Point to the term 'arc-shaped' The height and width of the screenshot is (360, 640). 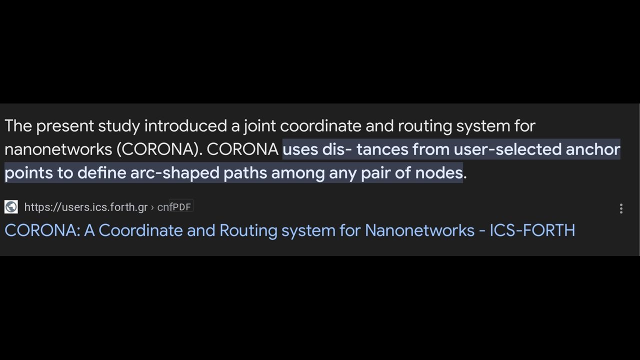174,173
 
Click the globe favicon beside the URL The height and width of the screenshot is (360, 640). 11,207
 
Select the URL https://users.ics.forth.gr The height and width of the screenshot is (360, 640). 86,207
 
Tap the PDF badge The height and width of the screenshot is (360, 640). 181,206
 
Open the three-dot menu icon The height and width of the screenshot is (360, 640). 621,208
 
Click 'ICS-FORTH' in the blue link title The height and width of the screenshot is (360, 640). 532,230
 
